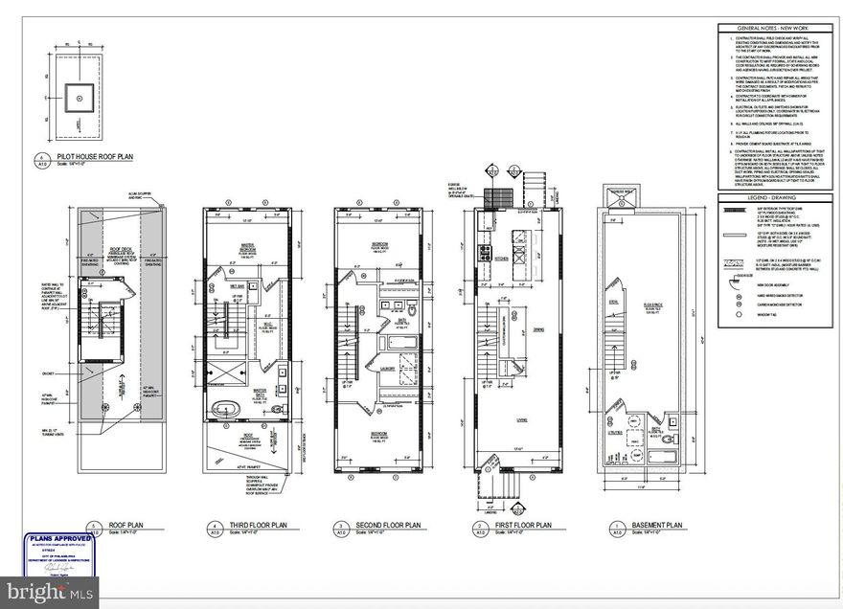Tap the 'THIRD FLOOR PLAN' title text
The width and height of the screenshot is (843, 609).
pos(259,525)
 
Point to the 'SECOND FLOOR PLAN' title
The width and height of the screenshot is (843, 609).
pos(388,525)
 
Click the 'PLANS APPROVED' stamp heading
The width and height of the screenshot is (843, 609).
pos(60,539)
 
